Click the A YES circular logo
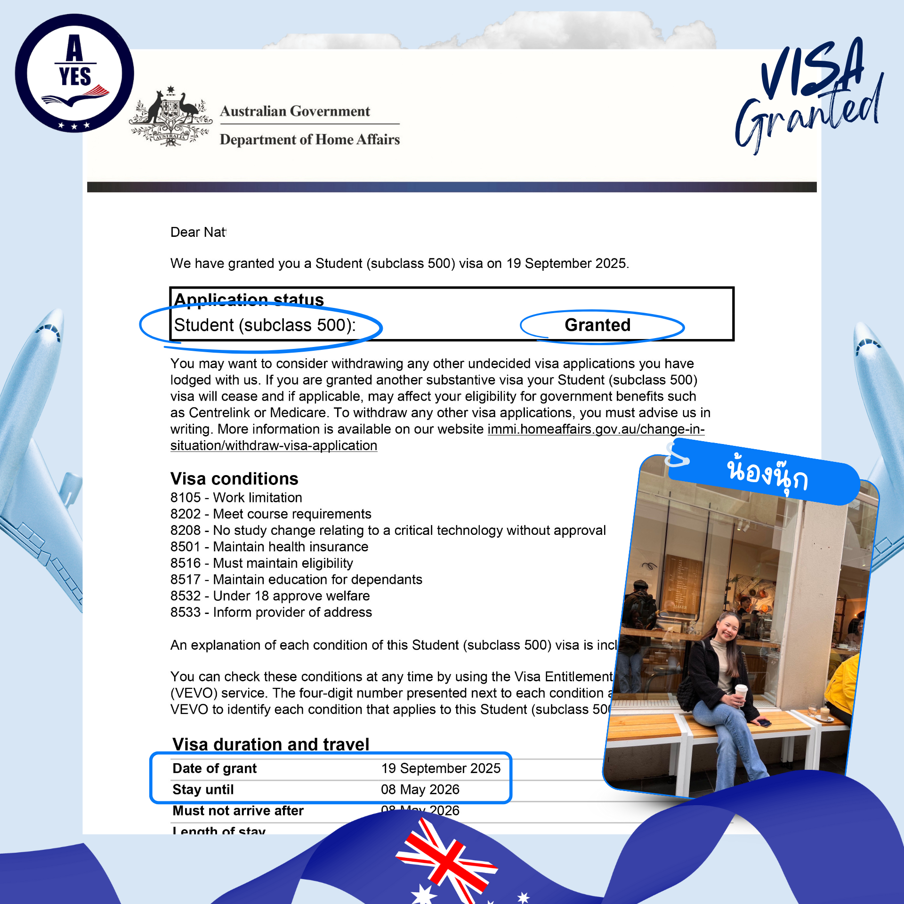[74, 73]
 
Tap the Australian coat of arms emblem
[170, 117]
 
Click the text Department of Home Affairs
[309, 139]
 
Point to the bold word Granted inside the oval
[597, 325]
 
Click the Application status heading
[249, 299]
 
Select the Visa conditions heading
[234, 479]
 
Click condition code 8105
[186, 498]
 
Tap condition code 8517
[186, 580]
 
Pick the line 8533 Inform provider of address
[271, 612]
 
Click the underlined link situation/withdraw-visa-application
[274, 445]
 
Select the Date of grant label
[214, 768]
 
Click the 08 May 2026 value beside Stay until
[420, 790]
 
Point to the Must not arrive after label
[238, 811]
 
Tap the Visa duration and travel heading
[271, 744]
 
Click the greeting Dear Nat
[198, 232]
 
